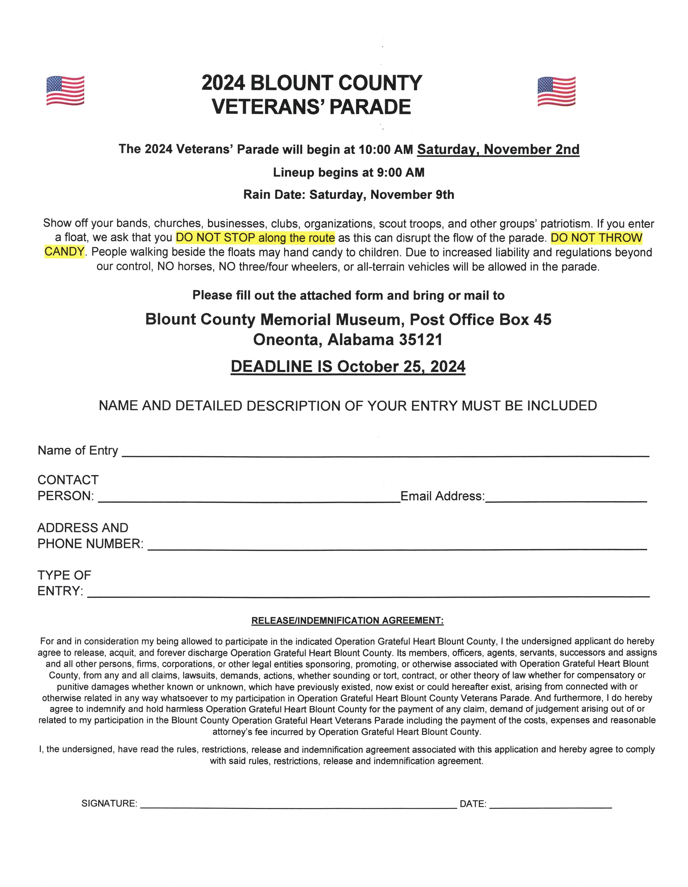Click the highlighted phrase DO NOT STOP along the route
pos(255,238)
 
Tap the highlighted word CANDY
pos(64,252)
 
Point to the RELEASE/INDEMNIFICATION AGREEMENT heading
pos(347,621)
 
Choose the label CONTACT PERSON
pos(67,488)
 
